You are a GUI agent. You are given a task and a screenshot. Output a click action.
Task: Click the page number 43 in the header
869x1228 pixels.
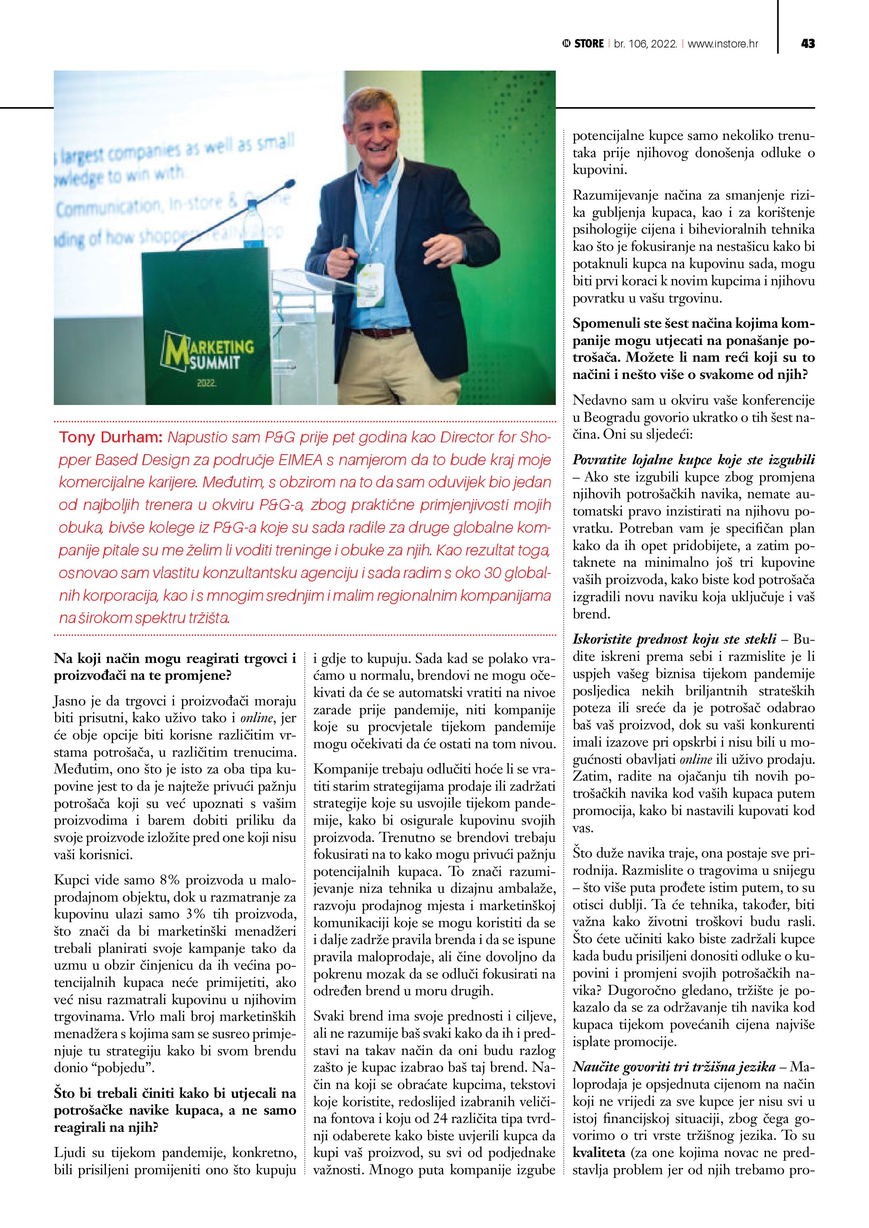pos(808,44)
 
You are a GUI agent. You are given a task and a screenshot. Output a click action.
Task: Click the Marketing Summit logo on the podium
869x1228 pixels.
pos(208,353)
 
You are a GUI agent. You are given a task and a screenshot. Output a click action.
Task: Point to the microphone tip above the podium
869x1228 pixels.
pos(290,184)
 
